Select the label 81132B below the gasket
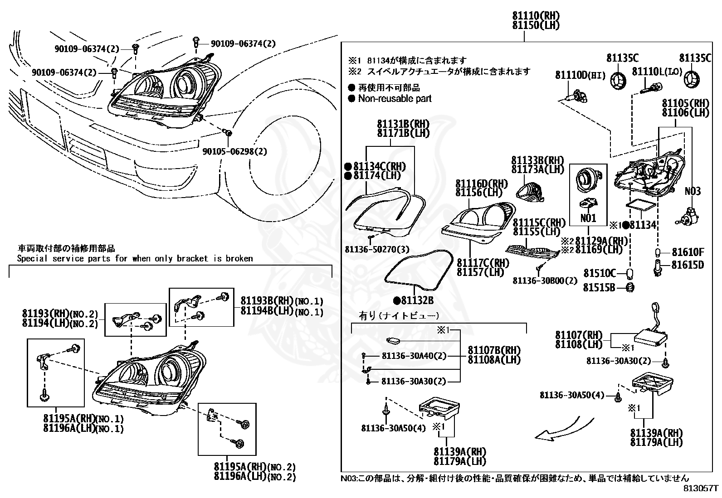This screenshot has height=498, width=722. tap(416, 300)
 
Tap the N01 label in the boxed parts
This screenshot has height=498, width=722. tap(588, 218)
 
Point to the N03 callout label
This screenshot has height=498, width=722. tap(693, 191)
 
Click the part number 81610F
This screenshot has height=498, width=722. tap(688, 252)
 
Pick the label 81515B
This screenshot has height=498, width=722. tap(599, 287)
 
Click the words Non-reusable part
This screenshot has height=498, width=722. tap(395, 98)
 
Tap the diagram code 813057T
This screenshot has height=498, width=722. tap(702, 488)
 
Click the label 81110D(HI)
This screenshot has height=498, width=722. tap(580, 75)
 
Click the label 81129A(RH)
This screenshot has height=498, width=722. tap(601, 240)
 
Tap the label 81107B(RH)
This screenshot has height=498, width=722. tap(494, 350)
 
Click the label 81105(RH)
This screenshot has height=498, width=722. tap(685, 103)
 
